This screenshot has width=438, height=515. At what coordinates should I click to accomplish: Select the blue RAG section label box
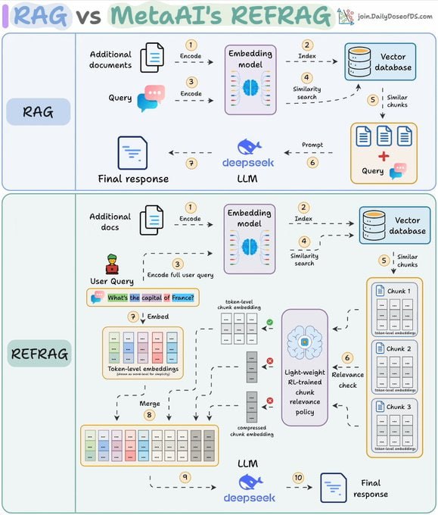click(38, 111)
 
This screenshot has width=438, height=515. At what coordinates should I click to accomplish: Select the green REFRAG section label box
click(39, 352)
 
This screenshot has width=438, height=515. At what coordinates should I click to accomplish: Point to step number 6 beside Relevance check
click(348, 357)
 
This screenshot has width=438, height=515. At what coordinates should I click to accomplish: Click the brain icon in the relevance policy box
click(304, 342)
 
